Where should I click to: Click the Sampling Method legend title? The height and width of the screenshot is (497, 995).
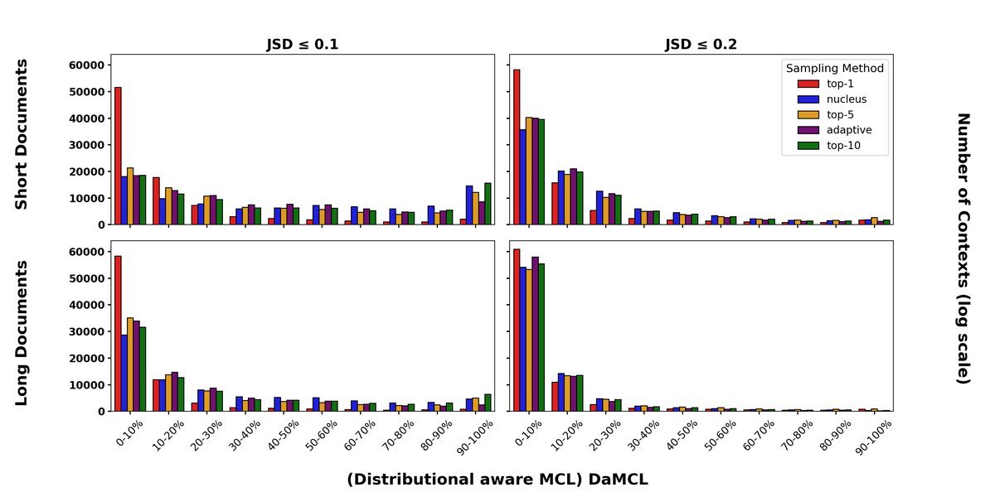pyautogui.click(x=835, y=68)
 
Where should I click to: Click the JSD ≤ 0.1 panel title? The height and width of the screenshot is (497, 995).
pyautogui.click(x=302, y=45)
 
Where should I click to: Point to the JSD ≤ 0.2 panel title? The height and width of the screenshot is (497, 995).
pyautogui.click(x=701, y=45)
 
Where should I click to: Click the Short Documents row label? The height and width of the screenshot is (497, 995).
pyautogui.click(x=22, y=134)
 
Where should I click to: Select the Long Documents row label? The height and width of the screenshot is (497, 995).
pyautogui.click(x=22, y=333)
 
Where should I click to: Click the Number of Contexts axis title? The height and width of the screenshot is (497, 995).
pyautogui.click(x=963, y=248)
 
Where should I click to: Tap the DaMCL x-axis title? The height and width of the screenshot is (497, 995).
pyautogui.click(x=497, y=480)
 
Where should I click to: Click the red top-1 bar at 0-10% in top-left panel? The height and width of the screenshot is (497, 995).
pyautogui.click(x=118, y=156)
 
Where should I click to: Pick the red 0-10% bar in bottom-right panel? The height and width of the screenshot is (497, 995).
pyautogui.click(x=517, y=330)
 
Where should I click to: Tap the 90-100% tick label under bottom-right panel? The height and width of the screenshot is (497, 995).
pyautogui.click(x=872, y=437)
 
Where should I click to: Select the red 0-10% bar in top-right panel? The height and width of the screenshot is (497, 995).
pyautogui.click(x=517, y=147)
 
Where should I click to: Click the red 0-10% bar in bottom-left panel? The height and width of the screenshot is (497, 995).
pyautogui.click(x=118, y=333)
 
